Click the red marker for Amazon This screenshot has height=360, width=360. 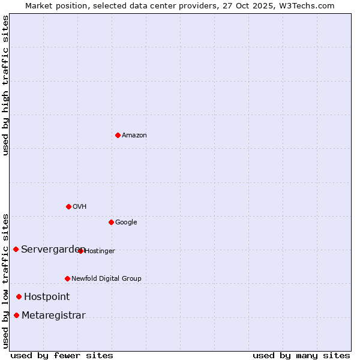pos(118,135)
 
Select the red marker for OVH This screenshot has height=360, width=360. pos(68,206)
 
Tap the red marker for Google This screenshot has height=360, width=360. pos(111,222)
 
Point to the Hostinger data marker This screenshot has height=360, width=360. pos(80,251)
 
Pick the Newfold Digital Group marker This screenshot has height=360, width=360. pos(67,278)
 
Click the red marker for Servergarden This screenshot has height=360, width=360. pos(16,249)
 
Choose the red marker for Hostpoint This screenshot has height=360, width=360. pos(19,296)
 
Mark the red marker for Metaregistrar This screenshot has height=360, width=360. pos(16,316)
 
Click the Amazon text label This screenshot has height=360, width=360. pos(134,136)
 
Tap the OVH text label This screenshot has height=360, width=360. pos(80,207)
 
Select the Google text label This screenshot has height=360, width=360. pos(126,223)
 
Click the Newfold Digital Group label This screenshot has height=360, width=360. pos(106,279)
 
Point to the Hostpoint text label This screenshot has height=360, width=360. pos(47,297)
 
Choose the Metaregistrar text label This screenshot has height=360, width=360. pos(53,316)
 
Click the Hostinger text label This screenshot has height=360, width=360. pos(100,251)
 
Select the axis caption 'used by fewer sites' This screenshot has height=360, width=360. pos(62,355)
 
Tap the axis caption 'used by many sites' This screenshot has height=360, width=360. pos(301,355)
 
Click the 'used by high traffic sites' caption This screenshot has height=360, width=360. pos(5,85)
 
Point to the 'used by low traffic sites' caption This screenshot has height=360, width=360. pos(5,280)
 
